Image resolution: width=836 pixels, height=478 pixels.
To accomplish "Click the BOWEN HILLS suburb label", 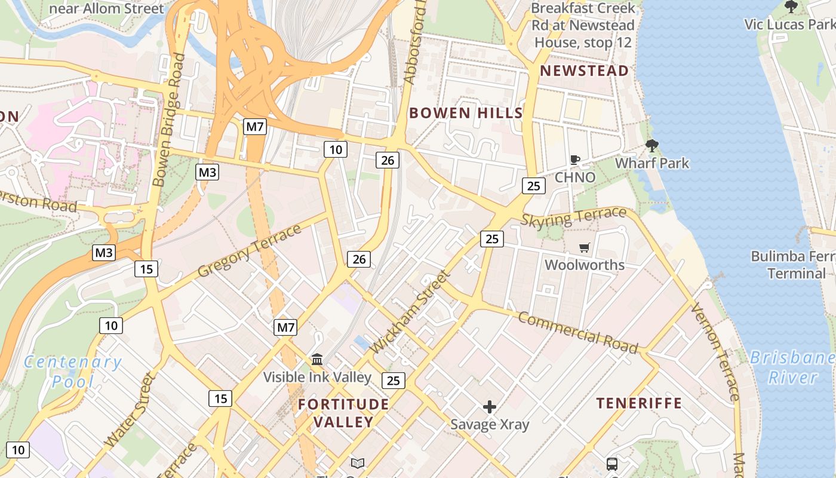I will coord(466,112).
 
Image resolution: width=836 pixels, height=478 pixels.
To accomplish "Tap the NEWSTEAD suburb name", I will coord(584,71).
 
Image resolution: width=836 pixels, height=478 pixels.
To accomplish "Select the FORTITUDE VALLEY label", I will coord(343,413).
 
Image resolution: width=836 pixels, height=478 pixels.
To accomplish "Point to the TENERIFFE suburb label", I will coord(639,403).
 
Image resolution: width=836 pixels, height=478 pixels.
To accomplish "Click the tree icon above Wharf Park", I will coord(651,145).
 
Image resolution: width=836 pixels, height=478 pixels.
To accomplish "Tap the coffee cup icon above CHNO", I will coord(574,160).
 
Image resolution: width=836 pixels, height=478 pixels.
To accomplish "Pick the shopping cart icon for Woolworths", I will coord(584,247).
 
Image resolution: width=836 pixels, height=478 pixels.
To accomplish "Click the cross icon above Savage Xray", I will coord(490,407).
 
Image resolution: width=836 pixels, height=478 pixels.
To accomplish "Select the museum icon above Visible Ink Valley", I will coord(317,360).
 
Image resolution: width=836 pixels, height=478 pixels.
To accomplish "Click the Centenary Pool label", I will coord(73,371).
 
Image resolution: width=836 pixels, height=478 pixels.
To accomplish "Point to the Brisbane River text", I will coord(792,367).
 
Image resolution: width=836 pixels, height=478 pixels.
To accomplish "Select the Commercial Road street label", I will coord(577,332).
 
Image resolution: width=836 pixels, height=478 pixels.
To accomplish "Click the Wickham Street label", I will coord(409,311).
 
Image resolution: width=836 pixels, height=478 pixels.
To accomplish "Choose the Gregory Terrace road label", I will coord(249,250).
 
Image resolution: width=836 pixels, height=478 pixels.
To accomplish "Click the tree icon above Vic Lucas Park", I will coord(791,7).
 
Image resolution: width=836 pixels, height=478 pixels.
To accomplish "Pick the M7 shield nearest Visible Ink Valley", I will coord(285,327).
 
